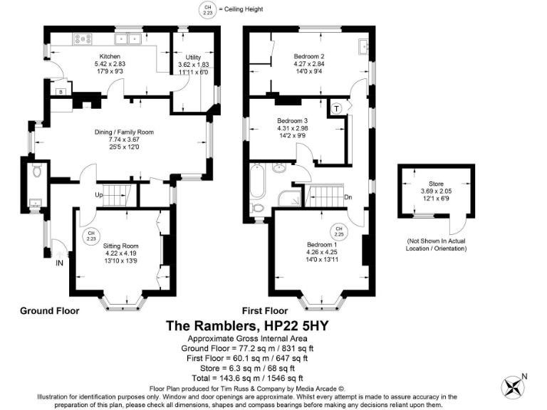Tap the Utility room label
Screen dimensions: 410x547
[x=194, y=56]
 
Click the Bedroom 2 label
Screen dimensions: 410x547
[x=310, y=56]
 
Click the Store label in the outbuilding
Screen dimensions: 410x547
[x=427, y=183]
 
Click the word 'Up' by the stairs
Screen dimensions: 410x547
[x=100, y=194]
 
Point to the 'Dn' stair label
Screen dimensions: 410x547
[x=348, y=197]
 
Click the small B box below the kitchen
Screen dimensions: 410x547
[x=61, y=92]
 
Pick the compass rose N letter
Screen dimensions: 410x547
[x=525, y=377]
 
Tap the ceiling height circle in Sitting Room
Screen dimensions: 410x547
[x=91, y=236]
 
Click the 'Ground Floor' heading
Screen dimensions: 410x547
[x=49, y=310]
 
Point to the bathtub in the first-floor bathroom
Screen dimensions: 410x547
[x=257, y=183]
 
